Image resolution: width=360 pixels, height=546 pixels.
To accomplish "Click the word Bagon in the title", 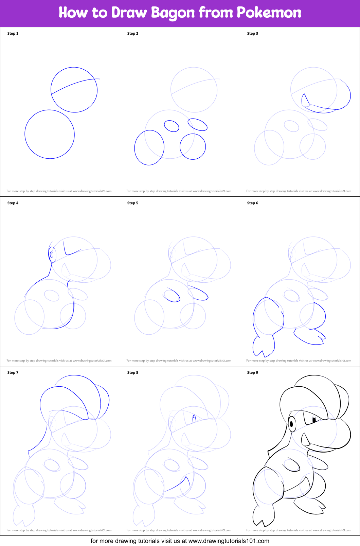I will tap(173, 13).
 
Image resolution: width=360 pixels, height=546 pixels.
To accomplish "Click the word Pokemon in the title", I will tap(269, 13).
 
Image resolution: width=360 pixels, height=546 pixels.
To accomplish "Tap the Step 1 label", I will tap(13, 33).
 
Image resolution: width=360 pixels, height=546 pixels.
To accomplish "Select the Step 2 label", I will tap(133, 33).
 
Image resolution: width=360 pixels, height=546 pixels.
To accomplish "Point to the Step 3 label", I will tap(253, 33).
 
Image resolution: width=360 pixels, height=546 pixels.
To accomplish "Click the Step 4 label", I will tap(13, 203).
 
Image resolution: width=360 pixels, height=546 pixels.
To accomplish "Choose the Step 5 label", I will tap(133, 203).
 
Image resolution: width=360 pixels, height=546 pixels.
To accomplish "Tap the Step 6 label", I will tap(253, 203).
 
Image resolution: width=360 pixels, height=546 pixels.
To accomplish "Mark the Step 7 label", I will tap(13, 372).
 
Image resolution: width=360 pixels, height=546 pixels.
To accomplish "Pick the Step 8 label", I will tap(133, 372).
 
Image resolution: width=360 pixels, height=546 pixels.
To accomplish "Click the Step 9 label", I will tap(253, 372).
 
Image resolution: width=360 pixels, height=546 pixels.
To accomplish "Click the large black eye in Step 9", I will tap(291, 424).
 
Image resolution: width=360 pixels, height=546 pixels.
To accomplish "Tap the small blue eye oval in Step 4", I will tap(52, 254).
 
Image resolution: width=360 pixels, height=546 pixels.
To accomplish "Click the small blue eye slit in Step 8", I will tap(194, 418).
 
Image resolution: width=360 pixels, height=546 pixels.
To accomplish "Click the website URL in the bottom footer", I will tap(229, 541).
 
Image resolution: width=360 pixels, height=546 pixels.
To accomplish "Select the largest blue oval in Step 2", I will tap(149, 148).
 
